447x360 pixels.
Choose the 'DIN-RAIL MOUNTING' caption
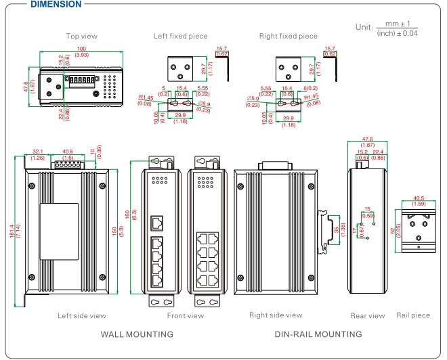point(318,334)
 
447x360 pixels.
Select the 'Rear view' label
point(368,316)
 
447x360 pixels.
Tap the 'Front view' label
point(185,315)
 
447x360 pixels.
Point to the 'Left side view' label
point(82,315)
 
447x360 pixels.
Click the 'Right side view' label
point(276,315)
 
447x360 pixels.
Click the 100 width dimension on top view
point(81,49)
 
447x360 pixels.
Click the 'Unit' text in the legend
point(363,27)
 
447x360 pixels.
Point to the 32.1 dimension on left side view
point(38,152)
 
